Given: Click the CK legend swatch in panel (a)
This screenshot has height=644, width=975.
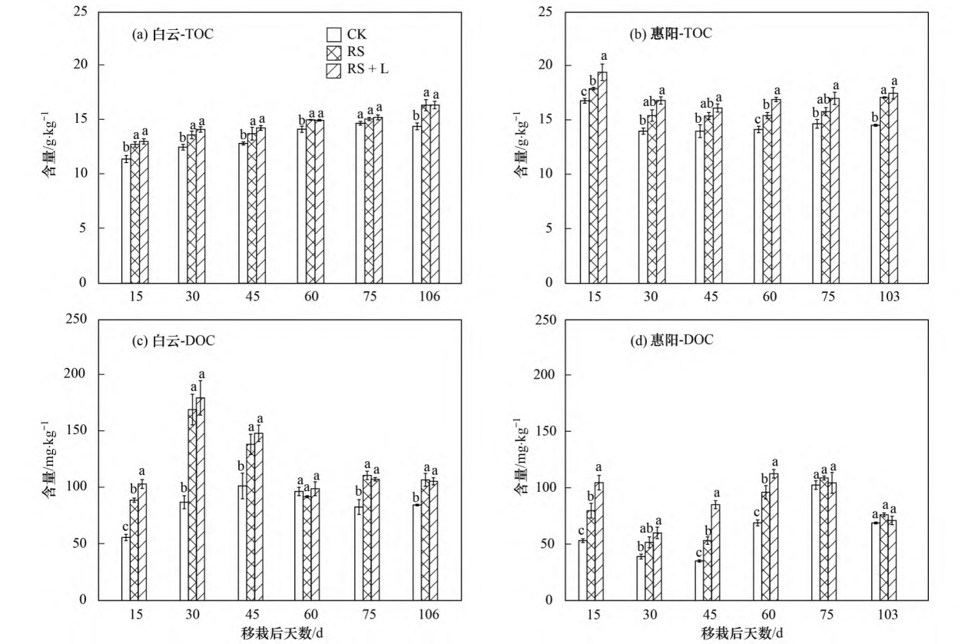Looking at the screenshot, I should [x=333, y=35].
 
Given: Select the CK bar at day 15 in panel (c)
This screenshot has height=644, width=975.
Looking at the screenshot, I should [x=125, y=569].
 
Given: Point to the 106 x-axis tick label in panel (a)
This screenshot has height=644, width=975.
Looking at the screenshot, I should [x=428, y=297].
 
